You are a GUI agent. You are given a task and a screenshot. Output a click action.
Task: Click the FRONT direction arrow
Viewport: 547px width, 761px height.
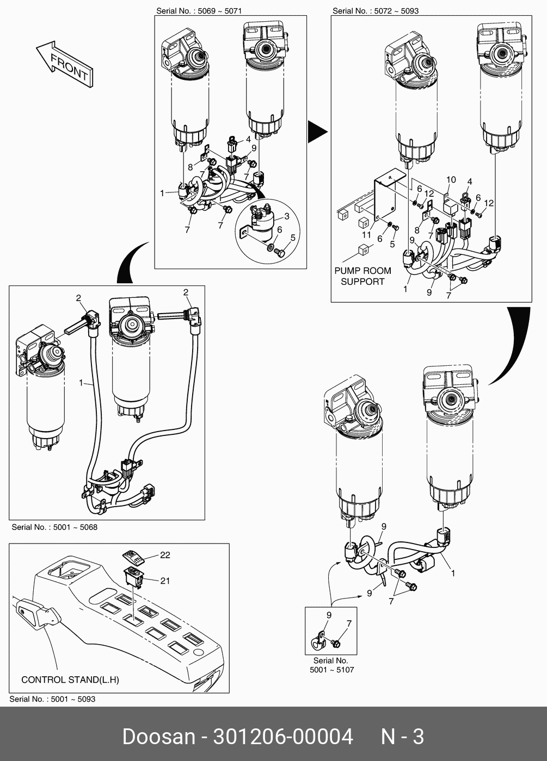(65, 64)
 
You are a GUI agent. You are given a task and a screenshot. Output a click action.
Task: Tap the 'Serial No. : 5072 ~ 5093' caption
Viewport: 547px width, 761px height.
(376, 10)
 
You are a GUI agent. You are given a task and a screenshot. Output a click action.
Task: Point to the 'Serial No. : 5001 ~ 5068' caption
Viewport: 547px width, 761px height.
(54, 527)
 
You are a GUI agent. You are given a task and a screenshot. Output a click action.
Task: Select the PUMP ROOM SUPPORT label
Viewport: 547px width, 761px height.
(362, 276)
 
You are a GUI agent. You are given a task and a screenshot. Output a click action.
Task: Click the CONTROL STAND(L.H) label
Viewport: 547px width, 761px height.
(70, 679)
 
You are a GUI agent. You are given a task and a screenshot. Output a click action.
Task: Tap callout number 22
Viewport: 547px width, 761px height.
(165, 554)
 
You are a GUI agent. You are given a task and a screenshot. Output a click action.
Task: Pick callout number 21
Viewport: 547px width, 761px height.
(165, 581)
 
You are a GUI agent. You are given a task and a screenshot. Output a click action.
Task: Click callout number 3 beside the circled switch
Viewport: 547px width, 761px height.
(287, 216)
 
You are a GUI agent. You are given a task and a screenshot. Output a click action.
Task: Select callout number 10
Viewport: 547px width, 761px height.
(451, 179)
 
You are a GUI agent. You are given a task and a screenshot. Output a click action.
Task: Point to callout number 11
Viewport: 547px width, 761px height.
(366, 235)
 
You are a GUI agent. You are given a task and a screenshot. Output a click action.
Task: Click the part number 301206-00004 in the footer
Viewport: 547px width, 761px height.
(283, 737)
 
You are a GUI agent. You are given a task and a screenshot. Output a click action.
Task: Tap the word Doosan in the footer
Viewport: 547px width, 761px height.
(158, 737)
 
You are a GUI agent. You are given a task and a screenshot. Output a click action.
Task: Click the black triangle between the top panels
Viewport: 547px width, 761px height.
(317, 132)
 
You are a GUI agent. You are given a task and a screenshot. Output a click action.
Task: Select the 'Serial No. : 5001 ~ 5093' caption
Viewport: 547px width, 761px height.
(52, 699)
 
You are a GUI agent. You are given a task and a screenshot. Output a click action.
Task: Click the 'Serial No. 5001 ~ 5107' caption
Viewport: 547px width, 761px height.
(331, 665)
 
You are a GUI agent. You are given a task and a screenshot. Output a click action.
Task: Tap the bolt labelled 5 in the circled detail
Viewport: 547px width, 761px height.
(280, 252)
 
